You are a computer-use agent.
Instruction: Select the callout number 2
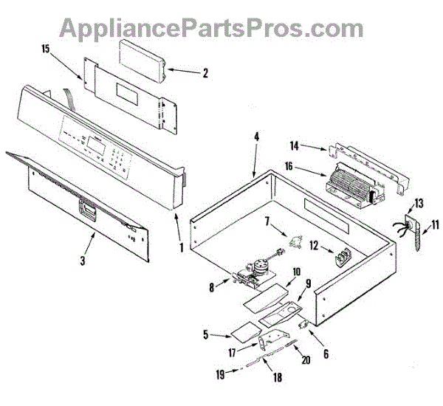(205, 73)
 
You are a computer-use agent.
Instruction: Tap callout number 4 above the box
(256, 137)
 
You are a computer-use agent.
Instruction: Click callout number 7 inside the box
(267, 220)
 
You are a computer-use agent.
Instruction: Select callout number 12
(313, 245)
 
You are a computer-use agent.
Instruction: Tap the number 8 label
(213, 288)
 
